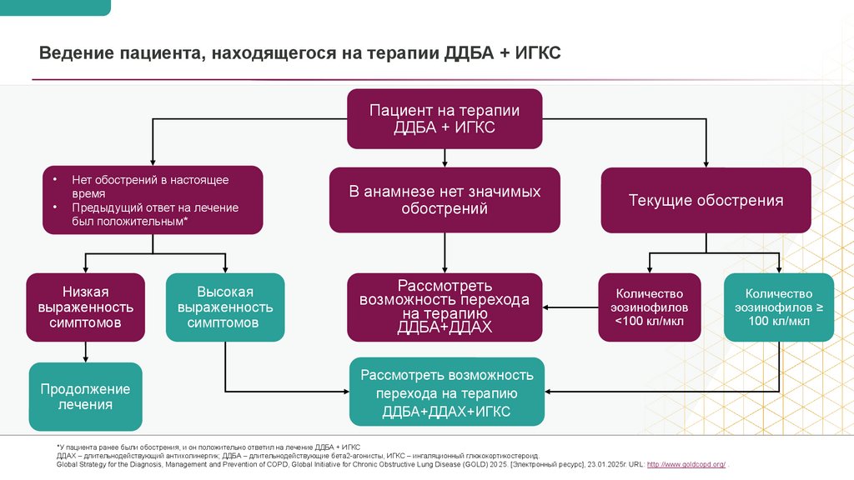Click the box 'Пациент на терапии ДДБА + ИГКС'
point(445,118)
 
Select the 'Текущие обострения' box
point(706,200)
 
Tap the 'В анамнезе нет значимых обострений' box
point(445,200)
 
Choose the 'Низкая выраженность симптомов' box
point(86,307)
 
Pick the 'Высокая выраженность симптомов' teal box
point(225,307)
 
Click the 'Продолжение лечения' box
point(86,397)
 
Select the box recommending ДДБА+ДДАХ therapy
point(445,307)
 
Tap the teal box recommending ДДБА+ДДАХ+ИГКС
point(446,392)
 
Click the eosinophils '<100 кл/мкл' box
point(650,307)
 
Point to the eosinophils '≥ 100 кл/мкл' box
point(778,307)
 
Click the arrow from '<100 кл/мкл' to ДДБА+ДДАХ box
point(570,307)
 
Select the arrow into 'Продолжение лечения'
point(86,353)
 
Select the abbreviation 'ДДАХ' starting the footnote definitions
point(67,456)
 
